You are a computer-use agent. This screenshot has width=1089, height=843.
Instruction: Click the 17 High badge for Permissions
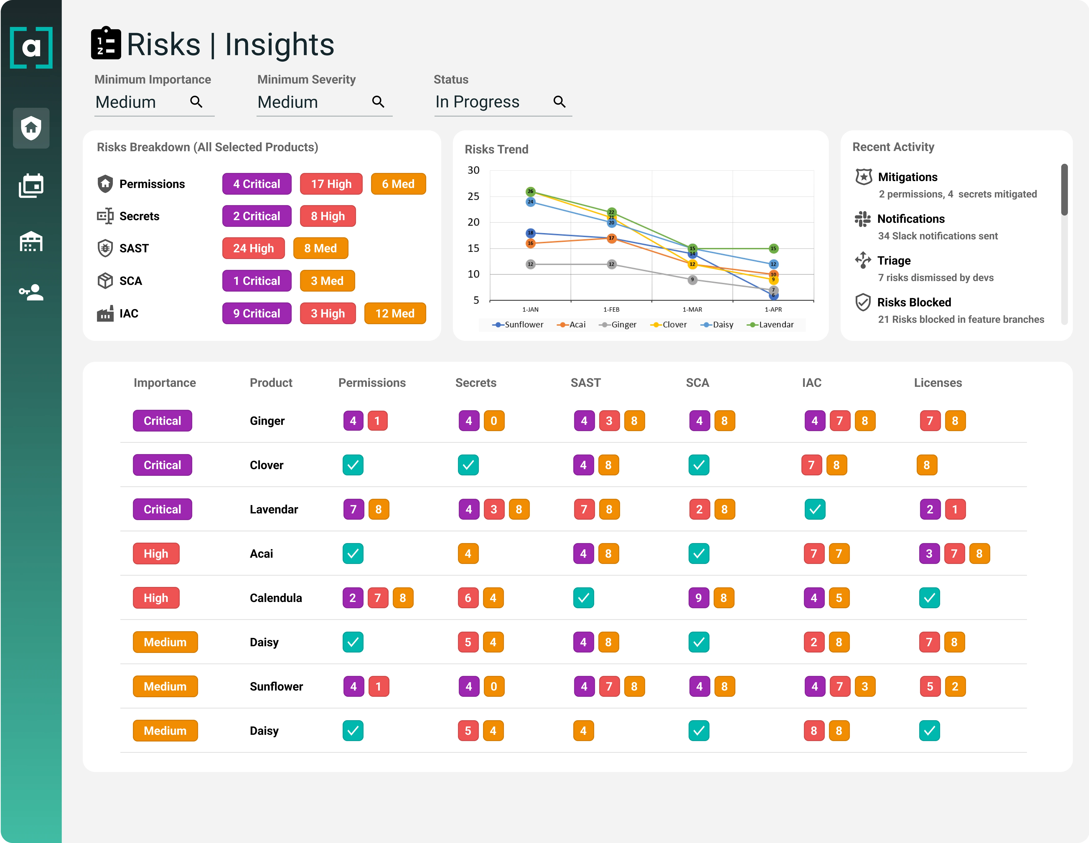331,184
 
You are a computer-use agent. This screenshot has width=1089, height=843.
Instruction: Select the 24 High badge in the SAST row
253,248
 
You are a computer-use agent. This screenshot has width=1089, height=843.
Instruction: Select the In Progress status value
477,102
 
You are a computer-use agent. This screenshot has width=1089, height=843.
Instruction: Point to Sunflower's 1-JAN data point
531,233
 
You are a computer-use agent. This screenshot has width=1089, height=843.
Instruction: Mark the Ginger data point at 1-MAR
692,280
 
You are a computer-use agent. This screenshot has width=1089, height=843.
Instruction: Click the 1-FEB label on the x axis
611,310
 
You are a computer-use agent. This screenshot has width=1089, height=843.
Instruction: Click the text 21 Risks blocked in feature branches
961,320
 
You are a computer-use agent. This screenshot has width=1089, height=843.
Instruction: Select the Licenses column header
937,383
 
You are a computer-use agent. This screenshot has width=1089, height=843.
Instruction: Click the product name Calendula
276,598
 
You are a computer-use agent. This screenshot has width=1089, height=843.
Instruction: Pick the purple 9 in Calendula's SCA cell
699,598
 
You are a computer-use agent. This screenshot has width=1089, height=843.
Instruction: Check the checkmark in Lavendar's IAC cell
815,509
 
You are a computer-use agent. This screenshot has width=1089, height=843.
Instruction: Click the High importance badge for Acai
156,554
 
